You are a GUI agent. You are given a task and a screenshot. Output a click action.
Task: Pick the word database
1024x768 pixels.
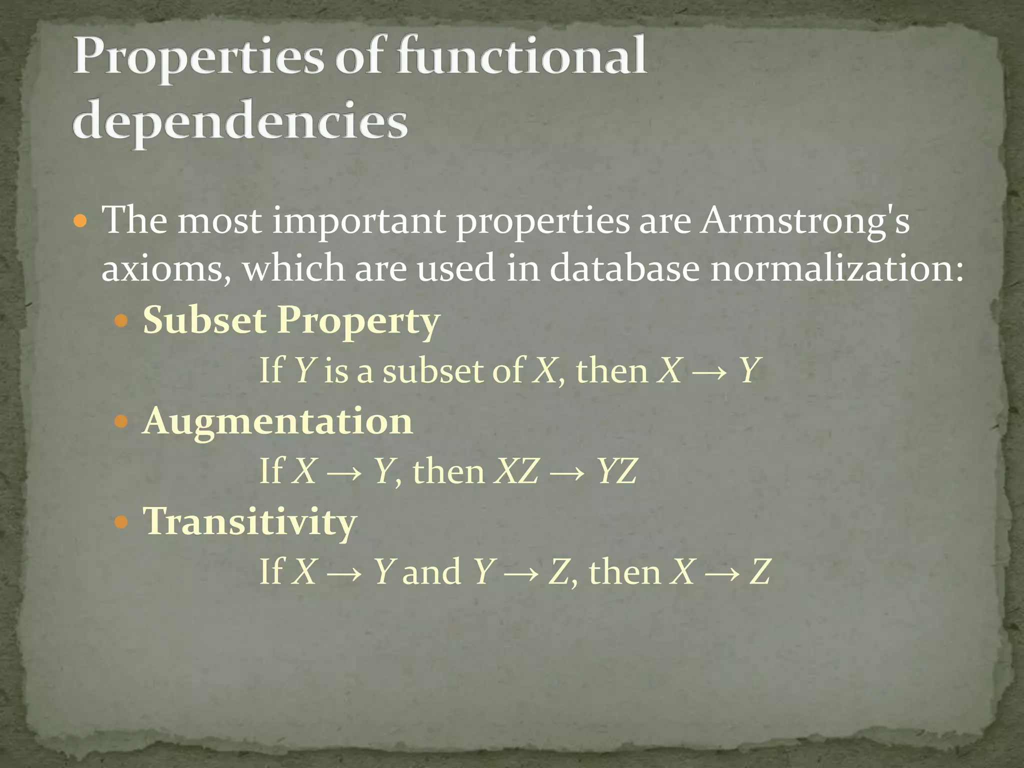tap(624, 268)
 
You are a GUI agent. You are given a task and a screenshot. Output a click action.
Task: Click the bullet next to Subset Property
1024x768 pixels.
tap(121, 320)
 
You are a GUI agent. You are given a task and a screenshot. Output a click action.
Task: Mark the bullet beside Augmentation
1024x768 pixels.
tap(121, 422)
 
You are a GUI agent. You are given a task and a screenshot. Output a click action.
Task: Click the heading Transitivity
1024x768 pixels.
tap(249, 521)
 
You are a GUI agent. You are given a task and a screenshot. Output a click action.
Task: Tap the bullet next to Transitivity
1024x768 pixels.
tap(121, 523)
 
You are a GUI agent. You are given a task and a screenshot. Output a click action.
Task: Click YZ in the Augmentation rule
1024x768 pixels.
tap(617, 471)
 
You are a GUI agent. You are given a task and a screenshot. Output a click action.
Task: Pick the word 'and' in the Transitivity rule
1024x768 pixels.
tap(431, 572)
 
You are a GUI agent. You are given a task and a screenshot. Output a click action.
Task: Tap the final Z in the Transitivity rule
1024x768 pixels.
tap(759, 572)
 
